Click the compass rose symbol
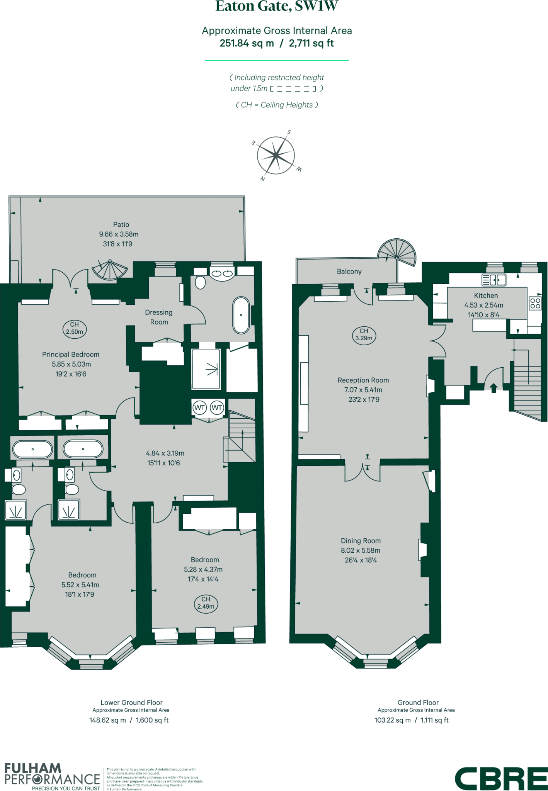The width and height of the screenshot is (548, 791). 276,156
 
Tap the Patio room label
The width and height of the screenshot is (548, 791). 121,224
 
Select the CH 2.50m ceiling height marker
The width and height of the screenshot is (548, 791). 74,328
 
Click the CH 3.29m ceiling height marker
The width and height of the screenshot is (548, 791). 364,334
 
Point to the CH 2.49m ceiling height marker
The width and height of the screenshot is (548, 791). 206,603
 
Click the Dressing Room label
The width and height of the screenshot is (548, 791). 159,317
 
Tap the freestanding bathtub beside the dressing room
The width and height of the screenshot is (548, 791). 241,315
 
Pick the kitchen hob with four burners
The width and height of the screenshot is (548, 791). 535,303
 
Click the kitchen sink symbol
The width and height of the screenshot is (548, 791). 494,279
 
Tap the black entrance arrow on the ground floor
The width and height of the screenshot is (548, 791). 494,387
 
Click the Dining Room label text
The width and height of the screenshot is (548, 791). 361,541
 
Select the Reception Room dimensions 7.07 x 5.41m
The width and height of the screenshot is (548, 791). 363,390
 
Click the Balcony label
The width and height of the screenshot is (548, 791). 349,272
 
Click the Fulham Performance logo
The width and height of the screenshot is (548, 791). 52,776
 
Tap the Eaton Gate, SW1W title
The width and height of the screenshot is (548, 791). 277,6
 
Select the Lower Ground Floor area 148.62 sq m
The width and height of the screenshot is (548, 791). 108,720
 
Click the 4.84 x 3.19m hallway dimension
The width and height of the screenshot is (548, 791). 165,453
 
